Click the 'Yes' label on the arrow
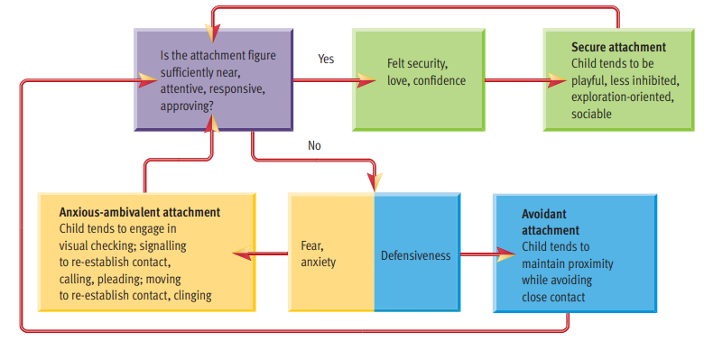pos(326,59)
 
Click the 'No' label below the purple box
pos(314,145)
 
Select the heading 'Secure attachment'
pos(618,47)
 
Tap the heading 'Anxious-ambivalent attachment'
pos(139,212)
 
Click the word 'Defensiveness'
pos(415,256)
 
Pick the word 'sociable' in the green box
pos(591,114)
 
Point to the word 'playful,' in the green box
pos(592,81)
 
